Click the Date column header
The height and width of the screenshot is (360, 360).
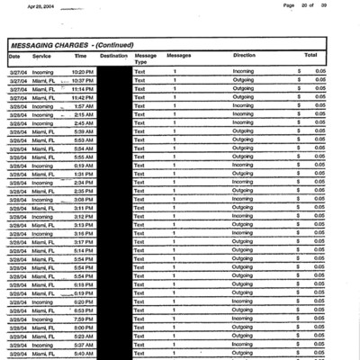click(14, 56)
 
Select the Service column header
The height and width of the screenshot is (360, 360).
click(41, 56)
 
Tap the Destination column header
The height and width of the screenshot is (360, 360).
click(113, 56)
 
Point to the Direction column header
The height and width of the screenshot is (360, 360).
click(244, 56)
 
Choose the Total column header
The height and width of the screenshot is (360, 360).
click(310, 56)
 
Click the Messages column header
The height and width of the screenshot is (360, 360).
click(178, 56)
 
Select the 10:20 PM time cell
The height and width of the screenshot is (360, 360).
click(83, 71)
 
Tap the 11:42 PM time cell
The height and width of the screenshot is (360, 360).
click(83, 97)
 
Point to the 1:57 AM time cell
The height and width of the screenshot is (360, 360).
click(84, 106)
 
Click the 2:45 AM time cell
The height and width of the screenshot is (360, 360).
click(84, 123)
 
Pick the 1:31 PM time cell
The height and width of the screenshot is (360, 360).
click(84, 174)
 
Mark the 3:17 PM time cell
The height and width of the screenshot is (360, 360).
click(84, 242)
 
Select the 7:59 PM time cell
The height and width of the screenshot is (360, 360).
click(84, 319)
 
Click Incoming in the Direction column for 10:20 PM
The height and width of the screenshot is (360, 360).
click(244, 71)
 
